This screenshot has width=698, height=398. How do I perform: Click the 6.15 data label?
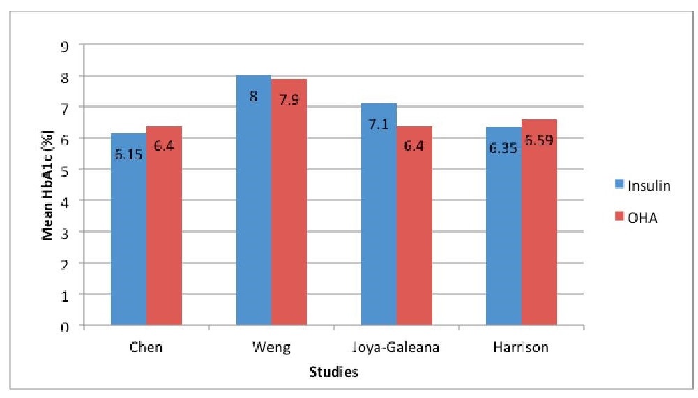point(128,154)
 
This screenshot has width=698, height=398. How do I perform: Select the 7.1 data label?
point(379,123)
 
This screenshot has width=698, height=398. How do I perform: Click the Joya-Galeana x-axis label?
point(396,347)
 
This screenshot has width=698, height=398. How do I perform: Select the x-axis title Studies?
point(333,373)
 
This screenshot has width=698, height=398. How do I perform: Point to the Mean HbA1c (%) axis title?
point(48,185)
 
